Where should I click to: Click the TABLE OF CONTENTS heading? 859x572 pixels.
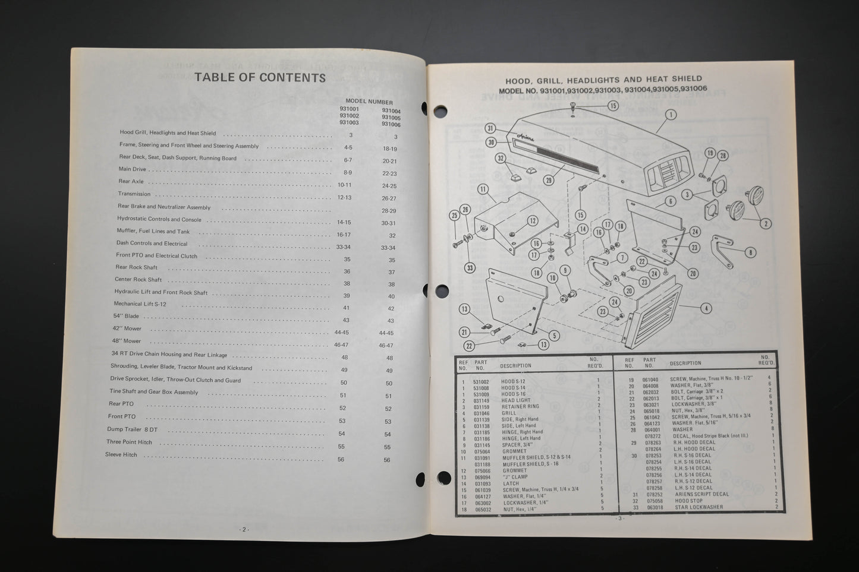(260, 78)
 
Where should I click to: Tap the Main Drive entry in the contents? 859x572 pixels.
(133, 169)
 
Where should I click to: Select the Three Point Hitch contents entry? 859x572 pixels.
(129, 442)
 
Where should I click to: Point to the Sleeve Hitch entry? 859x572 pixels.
(121, 455)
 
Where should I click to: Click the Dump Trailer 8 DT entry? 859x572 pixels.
(132, 429)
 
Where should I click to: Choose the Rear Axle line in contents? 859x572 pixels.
(131, 182)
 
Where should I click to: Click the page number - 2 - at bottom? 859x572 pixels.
(244, 529)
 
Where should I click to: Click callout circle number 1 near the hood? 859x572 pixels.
(671, 115)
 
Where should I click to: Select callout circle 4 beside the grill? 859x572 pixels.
(706, 308)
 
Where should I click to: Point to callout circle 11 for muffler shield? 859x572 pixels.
(483, 189)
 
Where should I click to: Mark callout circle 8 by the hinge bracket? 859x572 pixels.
(751, 252)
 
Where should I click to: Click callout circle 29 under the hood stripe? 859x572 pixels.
(548, 181)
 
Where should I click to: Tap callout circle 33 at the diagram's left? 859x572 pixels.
(470, 268)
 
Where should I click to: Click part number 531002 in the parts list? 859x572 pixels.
(481, 381)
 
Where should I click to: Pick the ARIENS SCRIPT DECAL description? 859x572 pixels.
(701, 494)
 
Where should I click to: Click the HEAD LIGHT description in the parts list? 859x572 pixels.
(515, 400)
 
